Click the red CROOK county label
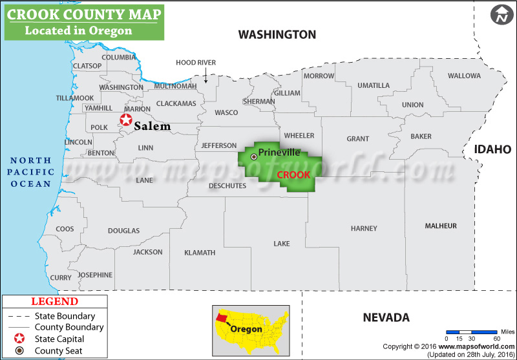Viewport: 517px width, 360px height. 294,175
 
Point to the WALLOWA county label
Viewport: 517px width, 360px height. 464,76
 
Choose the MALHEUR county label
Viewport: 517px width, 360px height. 441,226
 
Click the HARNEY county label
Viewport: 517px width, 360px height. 364,228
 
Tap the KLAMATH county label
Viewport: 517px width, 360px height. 200,253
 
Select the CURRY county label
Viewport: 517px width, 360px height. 61,277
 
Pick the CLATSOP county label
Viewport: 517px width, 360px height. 87,66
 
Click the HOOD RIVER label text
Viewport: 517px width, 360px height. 196,63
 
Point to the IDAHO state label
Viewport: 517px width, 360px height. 493,149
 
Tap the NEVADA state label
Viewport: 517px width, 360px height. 386,317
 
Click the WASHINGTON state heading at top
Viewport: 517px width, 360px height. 277,34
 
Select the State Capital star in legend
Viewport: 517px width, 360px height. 21,339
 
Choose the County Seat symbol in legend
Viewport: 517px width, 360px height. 21,350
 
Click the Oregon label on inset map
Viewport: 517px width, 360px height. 247,329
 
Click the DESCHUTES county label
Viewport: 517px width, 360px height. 227,186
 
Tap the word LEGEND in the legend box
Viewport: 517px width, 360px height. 55,302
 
